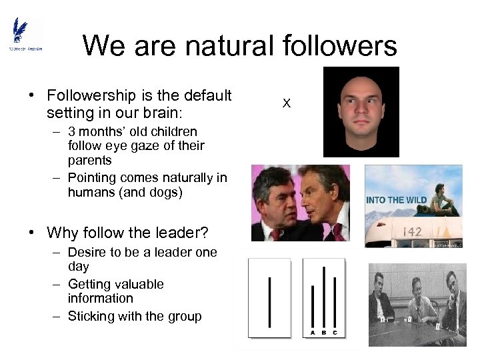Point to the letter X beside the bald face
[x=287, y=103]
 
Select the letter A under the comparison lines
[x=312, y=333]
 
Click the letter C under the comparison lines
[x=335, y=333]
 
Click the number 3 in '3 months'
[x=71, y=131]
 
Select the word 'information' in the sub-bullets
[x=100, y=299]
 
